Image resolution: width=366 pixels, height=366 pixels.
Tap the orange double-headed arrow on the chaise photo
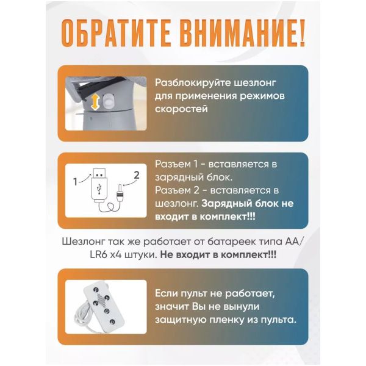pyautogui.click(x=95, y=102)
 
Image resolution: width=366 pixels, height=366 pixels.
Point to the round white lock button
pyautogui.click(x=109, y=101)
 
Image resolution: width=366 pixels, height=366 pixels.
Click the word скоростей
pyautogui.click(x=181, y=109)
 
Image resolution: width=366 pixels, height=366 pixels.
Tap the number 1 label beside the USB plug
pyautogui.click(x=75, y=182)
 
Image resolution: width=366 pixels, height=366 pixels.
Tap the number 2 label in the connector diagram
pyautogui.click(x=137, y=175)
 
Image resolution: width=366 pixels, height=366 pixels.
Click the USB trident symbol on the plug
pyautogui.click(x=99, y=188)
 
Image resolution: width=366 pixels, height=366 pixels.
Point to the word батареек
pyautogui.click(x=230, y=242)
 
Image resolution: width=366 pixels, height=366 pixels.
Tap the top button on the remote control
pyautogui.click(x=96, y=289)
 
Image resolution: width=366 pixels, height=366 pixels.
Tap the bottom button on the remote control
pyautogui.click(x=112, y=321)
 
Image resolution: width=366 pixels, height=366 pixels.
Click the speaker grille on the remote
pyautogui.click(x=101, y=300)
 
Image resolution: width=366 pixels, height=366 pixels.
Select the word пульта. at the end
pyautogui.click(x=279, y=320)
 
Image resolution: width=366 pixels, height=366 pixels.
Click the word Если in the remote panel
pyautogui.click(x=166, y=293)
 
